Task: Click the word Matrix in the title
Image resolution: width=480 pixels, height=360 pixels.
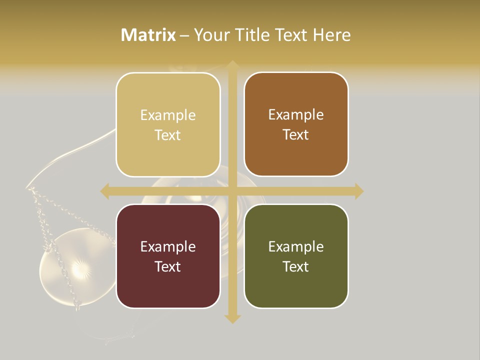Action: tap(148, 35)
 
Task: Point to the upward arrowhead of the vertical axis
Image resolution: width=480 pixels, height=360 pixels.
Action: tap(232, 65)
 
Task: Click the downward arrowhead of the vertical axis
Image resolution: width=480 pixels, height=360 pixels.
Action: tap(232, 318)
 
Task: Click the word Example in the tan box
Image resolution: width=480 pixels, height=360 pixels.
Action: tap(168, 115)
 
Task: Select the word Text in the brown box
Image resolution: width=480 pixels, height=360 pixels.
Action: tap(296, 135)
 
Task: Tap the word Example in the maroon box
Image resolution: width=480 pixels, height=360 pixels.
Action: tap(168, 246)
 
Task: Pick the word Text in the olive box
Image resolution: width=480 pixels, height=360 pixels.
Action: tap(296, 266)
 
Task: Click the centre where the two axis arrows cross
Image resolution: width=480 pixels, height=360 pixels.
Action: tap(232, 191)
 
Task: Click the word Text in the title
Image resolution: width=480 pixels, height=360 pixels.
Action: tap(292, 35)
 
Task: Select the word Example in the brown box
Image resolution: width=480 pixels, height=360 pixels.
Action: tap(296, 115)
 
